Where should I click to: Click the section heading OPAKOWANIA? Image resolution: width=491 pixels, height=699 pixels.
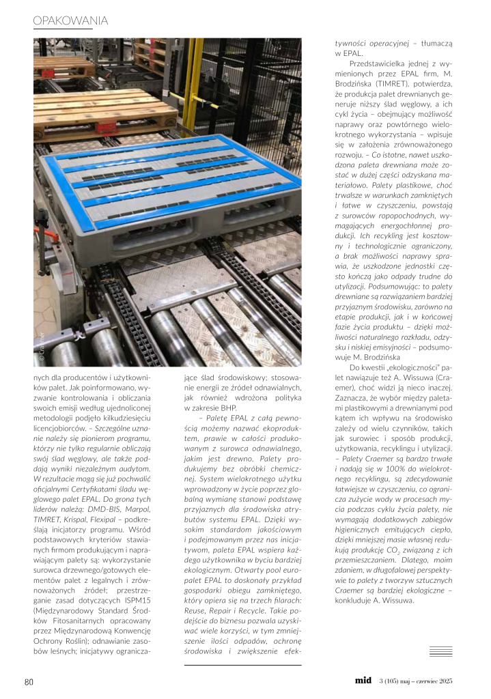click(x=70, y=22)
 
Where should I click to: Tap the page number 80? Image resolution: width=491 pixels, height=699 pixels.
click(x=29, y=682)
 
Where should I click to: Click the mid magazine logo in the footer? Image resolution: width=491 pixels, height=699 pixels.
click(x=363, y=681)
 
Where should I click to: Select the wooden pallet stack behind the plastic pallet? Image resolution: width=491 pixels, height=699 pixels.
click(x=96, y=109)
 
